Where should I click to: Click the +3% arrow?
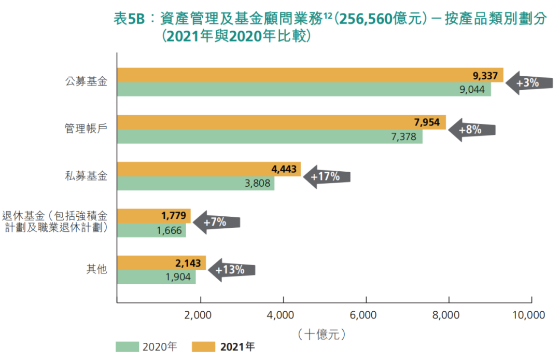point(528,83)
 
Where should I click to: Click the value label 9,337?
point(485,76)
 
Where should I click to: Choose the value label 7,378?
point(403,137)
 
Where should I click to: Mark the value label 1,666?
point(169,230)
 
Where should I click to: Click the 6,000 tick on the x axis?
point(366,314)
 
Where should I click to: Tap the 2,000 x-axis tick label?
point(200,314)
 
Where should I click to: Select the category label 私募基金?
point(86,176)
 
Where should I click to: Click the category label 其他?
point(96,269)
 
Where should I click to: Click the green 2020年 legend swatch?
point(127,347)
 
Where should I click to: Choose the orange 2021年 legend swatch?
point(204,347)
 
